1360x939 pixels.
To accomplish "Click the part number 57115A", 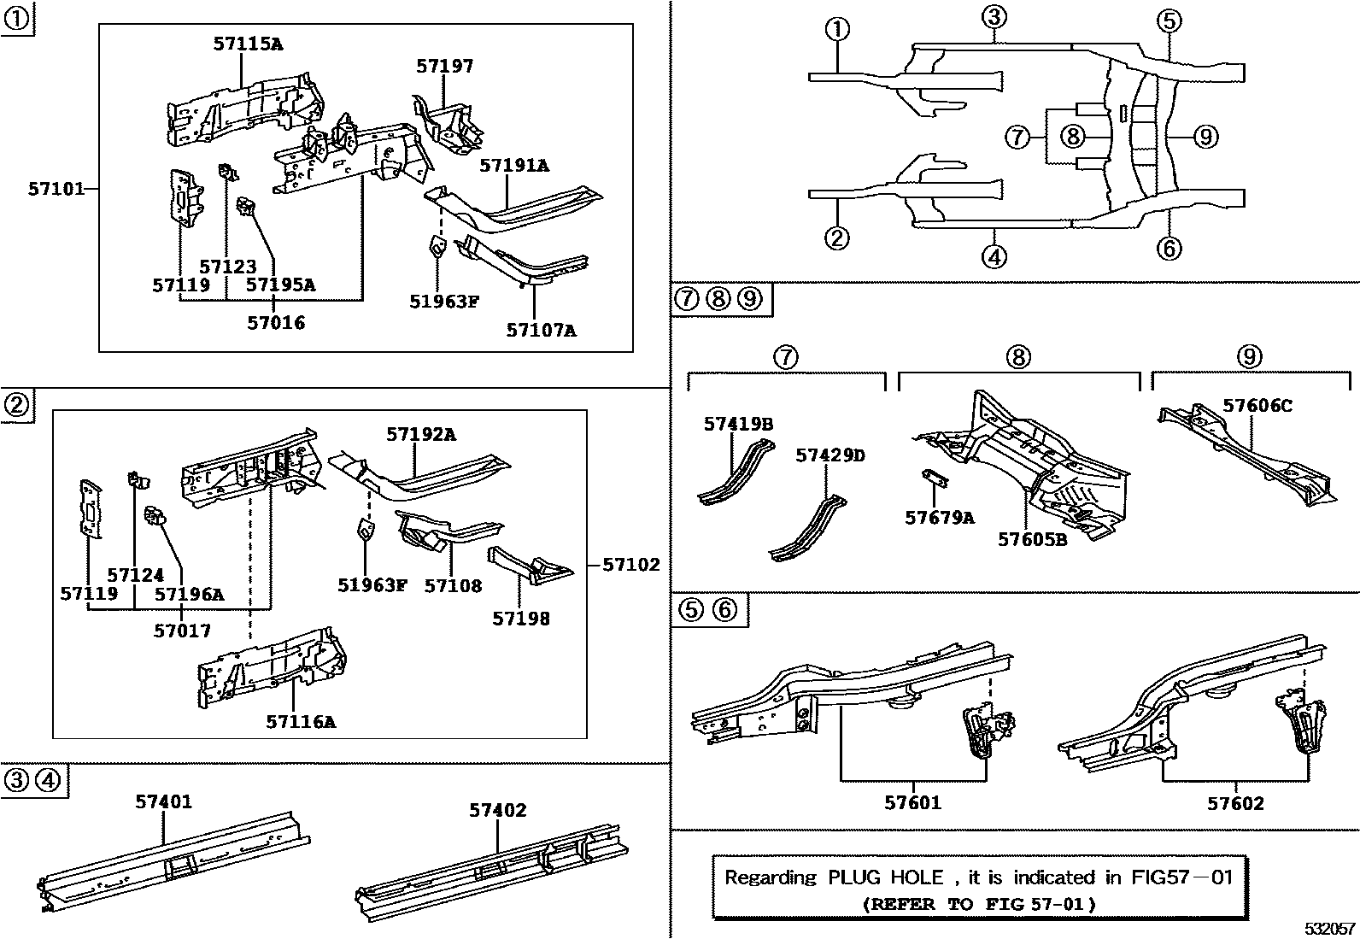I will (247, 44).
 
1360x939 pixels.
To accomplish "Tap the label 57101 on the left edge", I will (56, 189).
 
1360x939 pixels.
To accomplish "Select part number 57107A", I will (541, 330).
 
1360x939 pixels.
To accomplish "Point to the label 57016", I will (275, 323).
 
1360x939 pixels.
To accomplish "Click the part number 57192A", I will (420, 434).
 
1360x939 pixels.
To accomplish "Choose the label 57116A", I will (300, 722).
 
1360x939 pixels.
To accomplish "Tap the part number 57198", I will (520, 618).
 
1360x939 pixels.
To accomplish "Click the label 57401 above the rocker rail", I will (163, 801).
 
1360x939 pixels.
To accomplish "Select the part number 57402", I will (497, 810).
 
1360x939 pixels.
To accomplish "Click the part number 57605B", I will (1032, 539).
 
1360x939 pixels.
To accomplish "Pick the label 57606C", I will (1257, 405).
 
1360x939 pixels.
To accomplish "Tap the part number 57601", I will (912, 802).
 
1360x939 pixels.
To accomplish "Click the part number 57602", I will (1234, 803).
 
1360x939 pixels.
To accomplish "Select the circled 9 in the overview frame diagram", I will (1205, 136).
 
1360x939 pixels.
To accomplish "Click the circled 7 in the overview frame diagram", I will (1017, 136).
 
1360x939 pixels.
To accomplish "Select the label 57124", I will (135, 575).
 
